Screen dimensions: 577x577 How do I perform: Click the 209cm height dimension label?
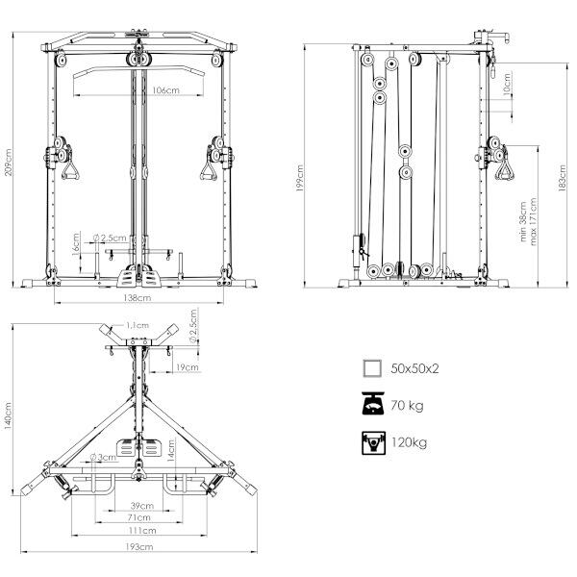pyautogui.click(x=8, y=162)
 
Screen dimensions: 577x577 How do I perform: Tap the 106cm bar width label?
pyautogui.click(x=165, y=89)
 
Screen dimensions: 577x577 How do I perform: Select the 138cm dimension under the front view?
pyautogui.click(x=137, y=297)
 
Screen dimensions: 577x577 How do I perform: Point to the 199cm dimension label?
pyautogui.click(x=300, y=178)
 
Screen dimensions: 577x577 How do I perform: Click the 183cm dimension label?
pyautogui.click(x=563, y=178)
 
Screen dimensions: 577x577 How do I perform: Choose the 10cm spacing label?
pyautogui.click(x=507, y=85)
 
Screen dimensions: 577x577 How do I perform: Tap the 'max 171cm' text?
pyautogui.click(x=533, y=221)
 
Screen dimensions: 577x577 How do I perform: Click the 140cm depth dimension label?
pyautogui.click(x=8, y=415)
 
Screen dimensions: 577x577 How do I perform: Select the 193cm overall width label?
pyautogui.click(x=139, y=547)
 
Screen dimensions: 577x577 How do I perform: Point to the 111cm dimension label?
pyautogui.click(x=142, y=530)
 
